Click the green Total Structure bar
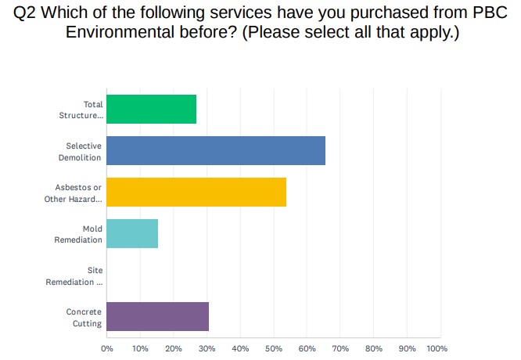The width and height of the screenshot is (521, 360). [x=151, y=110]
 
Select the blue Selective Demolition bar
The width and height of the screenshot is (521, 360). [x=215, y=151]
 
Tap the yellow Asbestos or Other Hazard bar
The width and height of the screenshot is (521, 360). [x=196, y=193]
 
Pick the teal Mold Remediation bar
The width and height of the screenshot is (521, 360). [x=131, y=234]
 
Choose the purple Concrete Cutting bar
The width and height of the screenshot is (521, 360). [x=157, y=316]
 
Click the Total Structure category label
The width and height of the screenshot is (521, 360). [x=81, y=110]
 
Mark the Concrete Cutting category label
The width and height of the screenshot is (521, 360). [x=84, y=316]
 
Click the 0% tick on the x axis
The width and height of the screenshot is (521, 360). [x=107, y=347]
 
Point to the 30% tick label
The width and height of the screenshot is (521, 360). [x=207, y=347]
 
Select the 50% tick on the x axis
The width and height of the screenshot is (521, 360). [x=274, y=347]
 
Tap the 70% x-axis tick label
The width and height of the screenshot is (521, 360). [x=340, y=347]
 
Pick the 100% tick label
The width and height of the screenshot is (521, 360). [x=437, y=347]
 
